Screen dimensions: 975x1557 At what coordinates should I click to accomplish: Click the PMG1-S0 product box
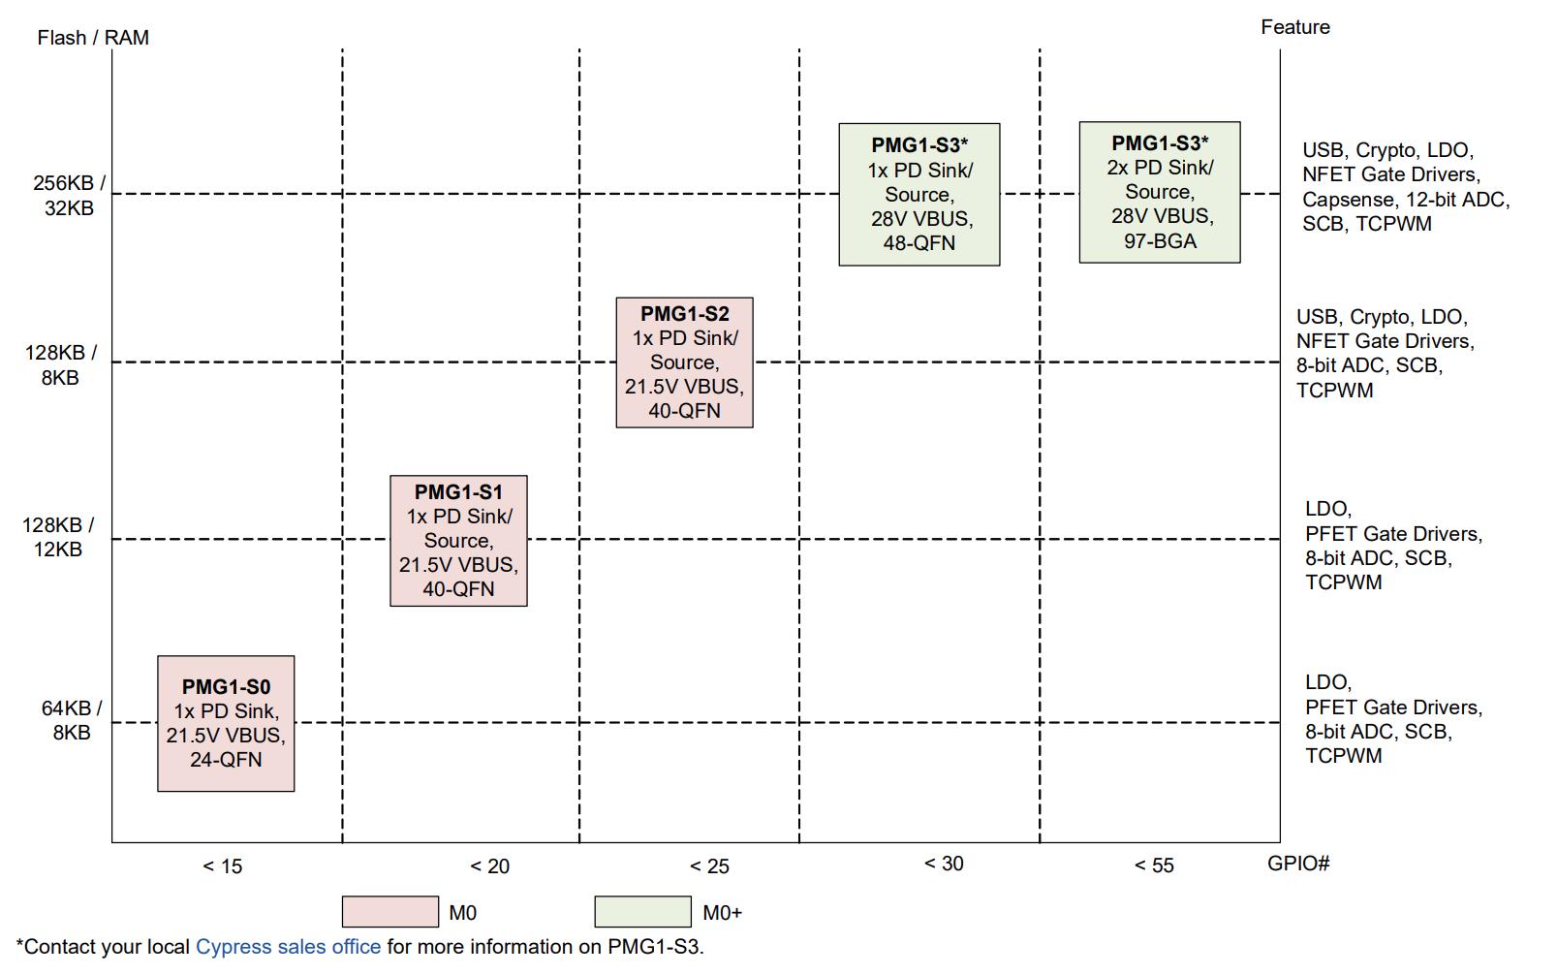(226, 724)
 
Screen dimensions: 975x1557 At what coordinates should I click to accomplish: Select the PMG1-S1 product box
(458, 541)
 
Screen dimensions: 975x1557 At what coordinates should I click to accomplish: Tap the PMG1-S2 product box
(684, 362)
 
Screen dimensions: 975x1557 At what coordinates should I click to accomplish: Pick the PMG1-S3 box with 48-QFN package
(919, 195)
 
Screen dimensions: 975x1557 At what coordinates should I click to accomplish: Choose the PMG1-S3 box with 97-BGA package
(1159, 193)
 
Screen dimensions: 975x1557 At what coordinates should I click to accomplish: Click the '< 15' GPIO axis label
(223, 866)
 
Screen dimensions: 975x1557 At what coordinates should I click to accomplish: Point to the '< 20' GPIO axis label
(489, 866)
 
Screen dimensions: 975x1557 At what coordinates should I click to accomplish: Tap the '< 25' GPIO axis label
(709, 866)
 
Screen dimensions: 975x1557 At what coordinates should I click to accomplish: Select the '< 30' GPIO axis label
(944, 864)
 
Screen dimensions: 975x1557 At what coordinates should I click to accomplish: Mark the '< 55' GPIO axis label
(1154, 865)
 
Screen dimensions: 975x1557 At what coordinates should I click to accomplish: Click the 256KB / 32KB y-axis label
(70, 196)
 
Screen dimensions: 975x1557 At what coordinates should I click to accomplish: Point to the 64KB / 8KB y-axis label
(72, 721)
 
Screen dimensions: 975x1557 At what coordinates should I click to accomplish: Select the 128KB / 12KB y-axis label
(58, 538)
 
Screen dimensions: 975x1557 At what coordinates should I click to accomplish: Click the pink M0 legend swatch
(389, 912)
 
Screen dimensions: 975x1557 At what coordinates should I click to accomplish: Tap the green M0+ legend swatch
(642, 912)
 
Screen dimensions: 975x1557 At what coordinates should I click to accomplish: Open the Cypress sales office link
(288, 947)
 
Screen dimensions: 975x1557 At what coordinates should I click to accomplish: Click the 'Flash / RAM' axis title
(93, 38)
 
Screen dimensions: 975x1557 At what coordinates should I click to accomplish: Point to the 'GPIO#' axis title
(1298, 864)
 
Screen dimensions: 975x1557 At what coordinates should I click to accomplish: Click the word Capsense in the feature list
(1348, 200)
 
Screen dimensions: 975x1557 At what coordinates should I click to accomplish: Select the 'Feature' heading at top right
(1294, 27)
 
